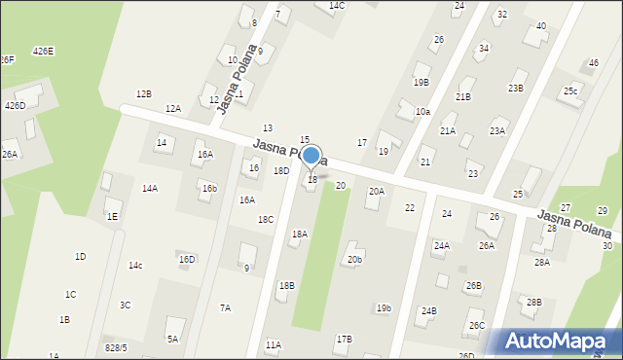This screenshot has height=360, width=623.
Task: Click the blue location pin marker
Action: click(x=311, y=156)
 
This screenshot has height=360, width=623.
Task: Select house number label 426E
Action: click(x=43, y=51)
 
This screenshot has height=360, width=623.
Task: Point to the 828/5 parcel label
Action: click(x=116, y=347)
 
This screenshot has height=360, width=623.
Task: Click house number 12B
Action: click(x=143, y=94)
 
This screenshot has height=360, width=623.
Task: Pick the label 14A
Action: click(x=150, y=189)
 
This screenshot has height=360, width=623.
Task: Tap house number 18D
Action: click(x=281, y=171)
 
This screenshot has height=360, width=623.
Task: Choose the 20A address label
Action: click(x=376, y=192)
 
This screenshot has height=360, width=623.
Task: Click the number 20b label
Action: click(x=355, y=260)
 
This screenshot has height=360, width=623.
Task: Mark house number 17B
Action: click(x=344, y=340)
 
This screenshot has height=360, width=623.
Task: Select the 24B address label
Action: click(x=428, y=311)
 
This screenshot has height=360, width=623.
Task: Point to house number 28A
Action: click(x=541, y=263)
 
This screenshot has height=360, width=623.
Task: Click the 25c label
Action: click(x=570, y=92)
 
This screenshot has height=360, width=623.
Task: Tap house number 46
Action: click(x=594, y=63)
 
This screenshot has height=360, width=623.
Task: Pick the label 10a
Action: click(x=422, y=113)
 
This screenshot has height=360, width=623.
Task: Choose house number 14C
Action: click(x=337, y=6)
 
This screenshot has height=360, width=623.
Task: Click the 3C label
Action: click(x=126, y=306)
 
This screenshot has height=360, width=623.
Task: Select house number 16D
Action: click(x=187, y=260)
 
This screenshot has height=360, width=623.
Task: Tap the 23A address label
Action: click(x=497, y=131)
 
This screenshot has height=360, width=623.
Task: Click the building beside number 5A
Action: click(x=176, y=325)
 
